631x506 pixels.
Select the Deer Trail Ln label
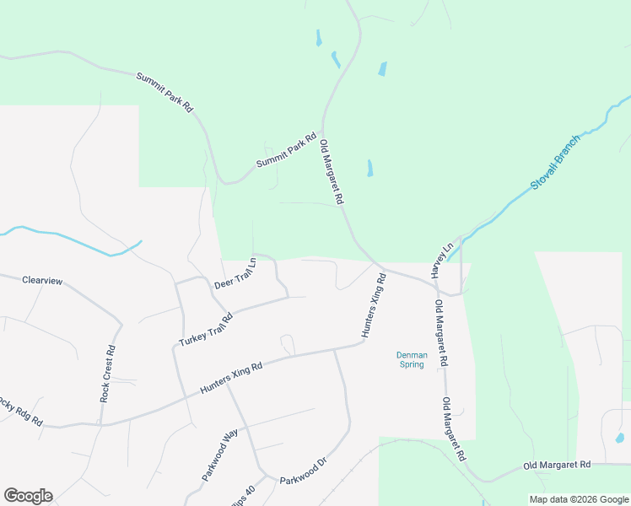(x=235, y=274)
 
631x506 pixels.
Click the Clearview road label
(x=42, y=280)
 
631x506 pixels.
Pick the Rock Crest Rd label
(x=107, y=373)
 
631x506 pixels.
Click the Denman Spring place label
(x=413, y=360)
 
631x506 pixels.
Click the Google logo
(x=28, y=496)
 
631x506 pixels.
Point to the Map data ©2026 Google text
(x=578, y=499)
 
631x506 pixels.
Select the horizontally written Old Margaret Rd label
(x=558, y=465)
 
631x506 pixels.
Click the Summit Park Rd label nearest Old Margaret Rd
(x=286, y=149)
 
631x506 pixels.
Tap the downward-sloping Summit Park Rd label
(x=165, y=93)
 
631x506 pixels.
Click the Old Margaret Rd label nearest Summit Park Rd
(x=332, y=172)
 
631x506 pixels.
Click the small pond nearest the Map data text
(x=620, y=439)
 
